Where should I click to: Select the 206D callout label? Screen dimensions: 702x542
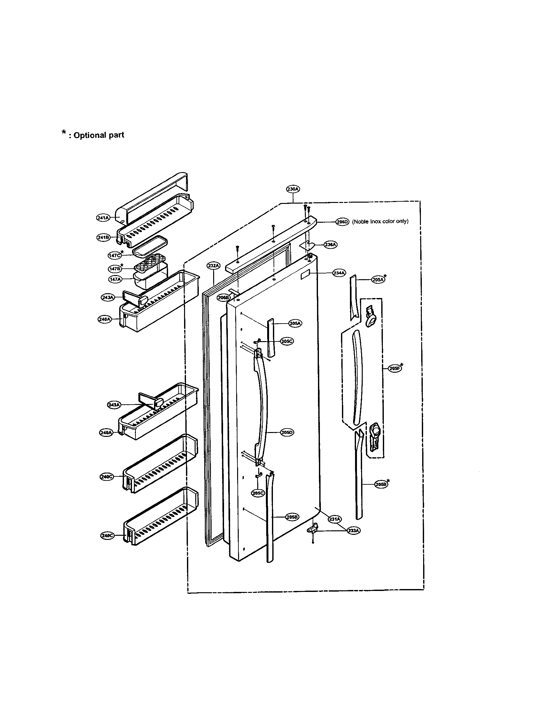[342, 221]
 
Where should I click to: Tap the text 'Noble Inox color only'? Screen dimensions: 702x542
[380, 221]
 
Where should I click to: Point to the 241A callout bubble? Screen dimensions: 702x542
[103, 218]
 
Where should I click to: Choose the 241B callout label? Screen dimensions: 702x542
[103, 237]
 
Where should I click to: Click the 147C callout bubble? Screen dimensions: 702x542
[115, 255]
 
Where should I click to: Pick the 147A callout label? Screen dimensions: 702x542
[115, 279]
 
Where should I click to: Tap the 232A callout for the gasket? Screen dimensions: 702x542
[213, 265]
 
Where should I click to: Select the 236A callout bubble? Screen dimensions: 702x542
[330, 245]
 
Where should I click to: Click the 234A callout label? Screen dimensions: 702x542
[339, 273]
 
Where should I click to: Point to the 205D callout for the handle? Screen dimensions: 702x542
[287, 432]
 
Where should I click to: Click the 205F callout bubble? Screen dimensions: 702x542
[394, 369]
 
